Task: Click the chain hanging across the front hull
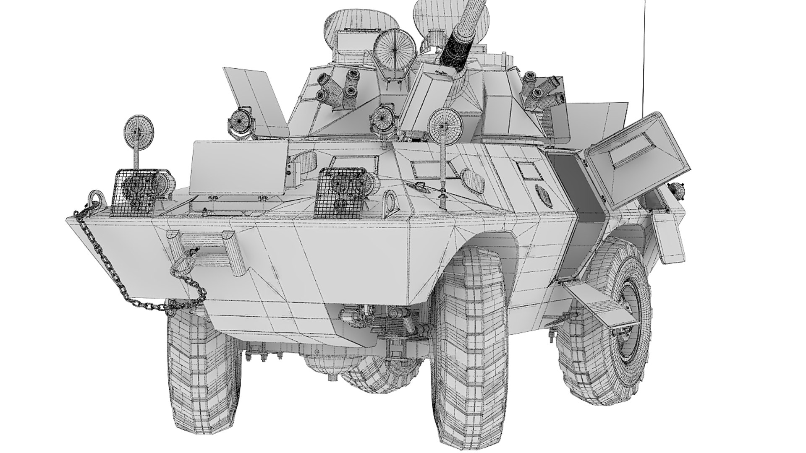126,285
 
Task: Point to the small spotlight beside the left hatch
240,122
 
